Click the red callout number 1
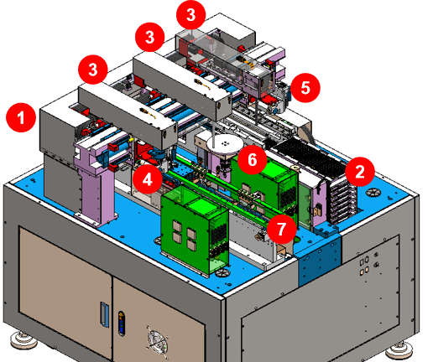click(x=21, y=117)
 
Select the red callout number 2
click(x=360, y=172)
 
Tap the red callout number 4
click(x=148, y=179)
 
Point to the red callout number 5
click(x=305, y=88)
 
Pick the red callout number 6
click(x=253, y=159)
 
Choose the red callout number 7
click(x=282, y=229)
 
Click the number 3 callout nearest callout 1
click(x=93, y=70)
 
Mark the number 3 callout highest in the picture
click(x=191, y=14)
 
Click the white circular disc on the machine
click(x=226, y=144)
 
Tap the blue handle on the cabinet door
click(x=104, y=314)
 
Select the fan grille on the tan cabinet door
click(x=158, y=341)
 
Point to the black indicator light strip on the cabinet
click(x=122, y=323)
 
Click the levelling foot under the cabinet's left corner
click(x=23, y=340)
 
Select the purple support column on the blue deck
click(x=97, y=190)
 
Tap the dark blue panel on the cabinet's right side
click(x=320, y=260)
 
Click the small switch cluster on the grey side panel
click(x=368, y=264)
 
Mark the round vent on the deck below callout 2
click(x=373, y=193)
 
